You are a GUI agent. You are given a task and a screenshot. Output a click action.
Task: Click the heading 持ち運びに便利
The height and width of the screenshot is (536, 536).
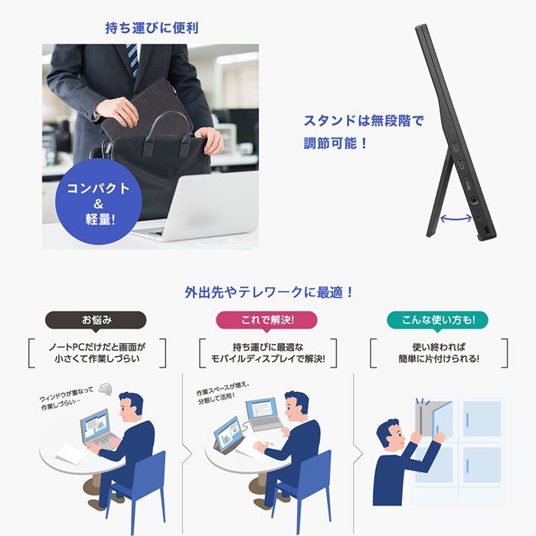pos(152,29)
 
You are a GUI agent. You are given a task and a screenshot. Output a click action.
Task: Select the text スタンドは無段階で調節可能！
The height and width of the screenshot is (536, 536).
pos(364,132)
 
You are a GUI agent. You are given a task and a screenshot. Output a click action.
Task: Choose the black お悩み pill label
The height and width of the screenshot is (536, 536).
pos(96,319)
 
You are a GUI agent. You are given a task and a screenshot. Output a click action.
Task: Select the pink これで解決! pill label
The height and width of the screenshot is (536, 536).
pos(267,319)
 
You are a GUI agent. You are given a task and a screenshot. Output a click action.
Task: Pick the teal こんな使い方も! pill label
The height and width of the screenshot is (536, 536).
pos(439,319)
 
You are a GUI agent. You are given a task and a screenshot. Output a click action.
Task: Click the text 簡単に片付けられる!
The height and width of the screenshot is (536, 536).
pos(439,358)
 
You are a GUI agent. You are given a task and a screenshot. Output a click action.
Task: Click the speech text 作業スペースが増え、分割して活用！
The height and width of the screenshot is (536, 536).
pos(234,393)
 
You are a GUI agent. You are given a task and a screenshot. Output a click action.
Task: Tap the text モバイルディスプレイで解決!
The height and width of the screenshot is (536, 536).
pos(267,358)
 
